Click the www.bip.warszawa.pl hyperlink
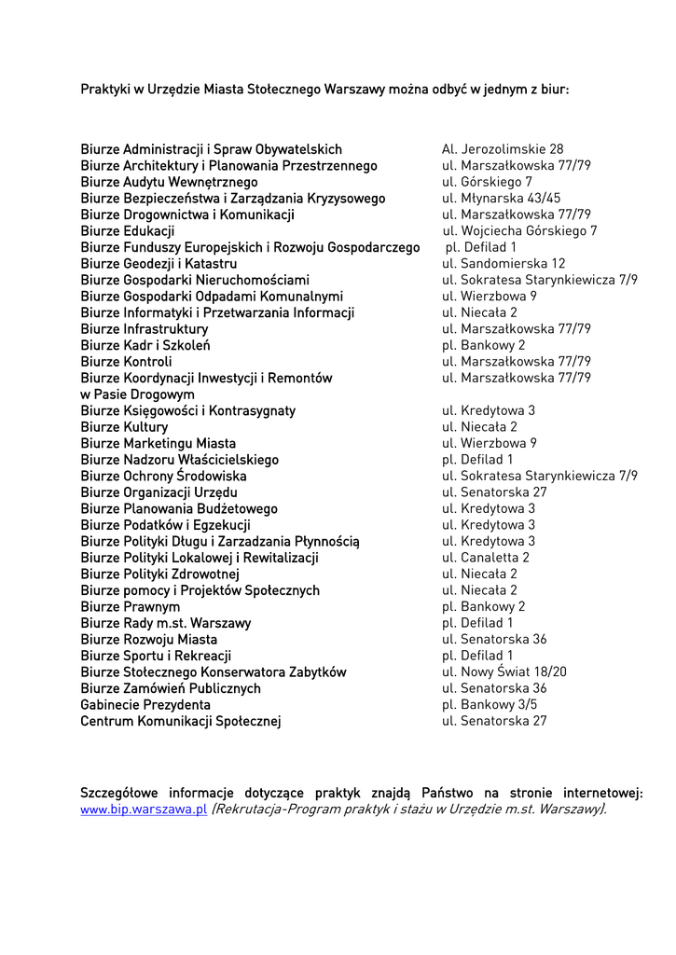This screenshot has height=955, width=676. coord(144,810)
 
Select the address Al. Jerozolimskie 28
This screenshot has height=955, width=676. coord(503,149)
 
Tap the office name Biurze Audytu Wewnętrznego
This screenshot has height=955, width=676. coord(169,182)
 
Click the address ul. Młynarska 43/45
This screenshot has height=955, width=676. coord(502,198)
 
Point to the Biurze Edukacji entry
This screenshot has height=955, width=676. coord(128,231)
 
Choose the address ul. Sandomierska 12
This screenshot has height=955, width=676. coord(504,264)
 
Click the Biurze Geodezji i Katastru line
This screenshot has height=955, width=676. coord(159,264)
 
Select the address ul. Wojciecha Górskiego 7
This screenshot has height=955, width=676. coord(520,231)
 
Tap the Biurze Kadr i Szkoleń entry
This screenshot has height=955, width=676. coord(145,345)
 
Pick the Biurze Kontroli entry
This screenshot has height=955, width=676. coord(126,362)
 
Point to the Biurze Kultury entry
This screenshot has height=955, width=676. coord(124,427)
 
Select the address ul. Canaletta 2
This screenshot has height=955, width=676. coord(486,558)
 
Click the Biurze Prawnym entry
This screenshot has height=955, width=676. coord(131,606)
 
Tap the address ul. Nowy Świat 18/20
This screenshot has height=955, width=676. coord(504,671)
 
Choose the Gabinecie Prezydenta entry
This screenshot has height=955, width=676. coord(145,704)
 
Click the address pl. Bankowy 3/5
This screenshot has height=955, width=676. coord(490,704)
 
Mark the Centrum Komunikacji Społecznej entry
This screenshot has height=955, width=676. coord(180,721)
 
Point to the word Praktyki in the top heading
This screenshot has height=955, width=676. coord(103,90)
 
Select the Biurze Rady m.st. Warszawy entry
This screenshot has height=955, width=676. coord(165,623)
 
